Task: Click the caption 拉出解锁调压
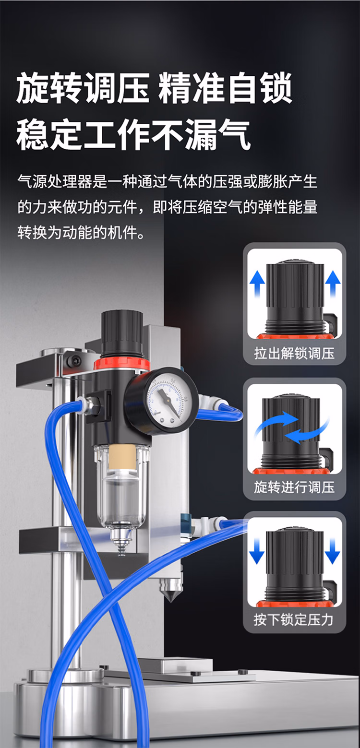point(294,354)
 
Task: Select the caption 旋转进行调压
point(294,487)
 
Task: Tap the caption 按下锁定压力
point(294,620)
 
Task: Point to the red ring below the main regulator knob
point(121,364)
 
